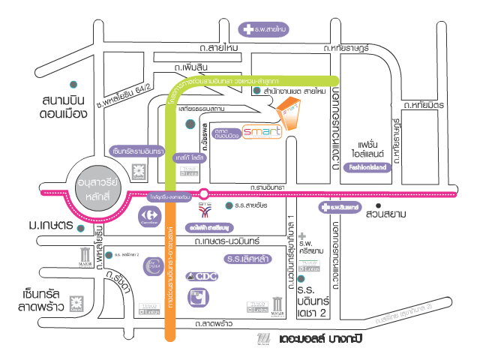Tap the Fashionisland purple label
coord(367,169)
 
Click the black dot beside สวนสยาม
coord(379,204)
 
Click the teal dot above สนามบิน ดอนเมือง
coord(73,82)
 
